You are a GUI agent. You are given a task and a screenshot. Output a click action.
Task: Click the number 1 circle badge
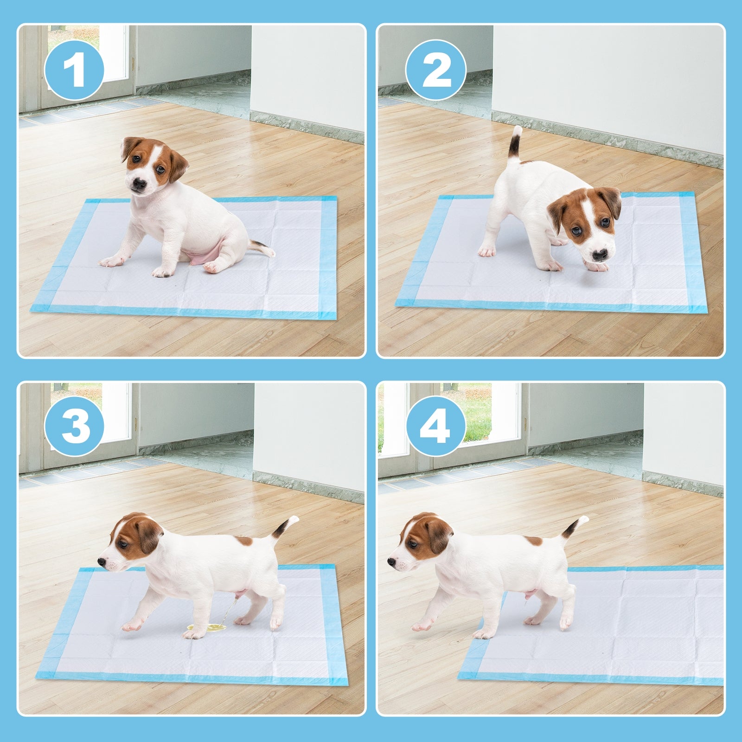pos(74,70)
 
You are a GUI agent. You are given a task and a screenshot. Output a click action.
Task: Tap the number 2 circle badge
pos(435,70)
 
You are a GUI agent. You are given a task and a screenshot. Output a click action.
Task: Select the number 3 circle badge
pos(74,426)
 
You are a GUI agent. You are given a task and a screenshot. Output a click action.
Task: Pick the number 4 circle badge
pos(435,426)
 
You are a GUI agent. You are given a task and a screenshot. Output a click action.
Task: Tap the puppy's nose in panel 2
pos(599,255)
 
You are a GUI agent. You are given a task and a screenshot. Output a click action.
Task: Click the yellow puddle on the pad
pos(206,628)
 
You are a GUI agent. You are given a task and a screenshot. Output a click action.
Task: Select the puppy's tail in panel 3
pos(284,527)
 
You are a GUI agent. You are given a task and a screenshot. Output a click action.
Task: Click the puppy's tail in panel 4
pos(574,527)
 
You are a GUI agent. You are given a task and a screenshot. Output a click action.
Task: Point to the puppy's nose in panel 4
pos(391,562)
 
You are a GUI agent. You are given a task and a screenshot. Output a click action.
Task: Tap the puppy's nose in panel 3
pos(102,562)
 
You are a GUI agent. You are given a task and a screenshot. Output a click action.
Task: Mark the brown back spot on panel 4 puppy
pos(533,541)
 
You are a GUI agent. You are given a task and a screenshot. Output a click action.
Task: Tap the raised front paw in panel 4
pos(421,626)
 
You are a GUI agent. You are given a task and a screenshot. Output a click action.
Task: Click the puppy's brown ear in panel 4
pos(438,536)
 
